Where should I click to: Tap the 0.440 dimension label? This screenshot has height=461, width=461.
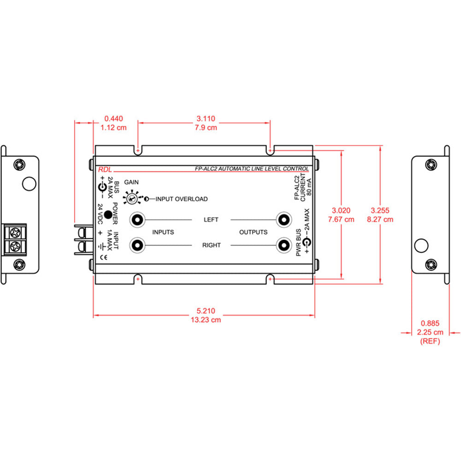coord(113,118)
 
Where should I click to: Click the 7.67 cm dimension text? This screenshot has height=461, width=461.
coord(341,219)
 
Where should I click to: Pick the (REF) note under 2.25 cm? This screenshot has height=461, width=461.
coord(430,341)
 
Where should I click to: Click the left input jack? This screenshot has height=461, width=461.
coord(137,220)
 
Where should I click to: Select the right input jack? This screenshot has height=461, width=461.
coord(137,245)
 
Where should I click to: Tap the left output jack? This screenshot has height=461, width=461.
coord(283,220)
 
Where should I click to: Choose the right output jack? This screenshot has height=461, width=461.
coord(283,245)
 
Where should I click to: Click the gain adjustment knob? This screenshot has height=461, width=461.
coord(132,199)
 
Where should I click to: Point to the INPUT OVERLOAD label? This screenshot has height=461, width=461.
coord(181,199)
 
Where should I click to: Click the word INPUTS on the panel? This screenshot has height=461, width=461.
coord(163,232)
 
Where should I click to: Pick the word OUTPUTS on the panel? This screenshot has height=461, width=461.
coord(253,232)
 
